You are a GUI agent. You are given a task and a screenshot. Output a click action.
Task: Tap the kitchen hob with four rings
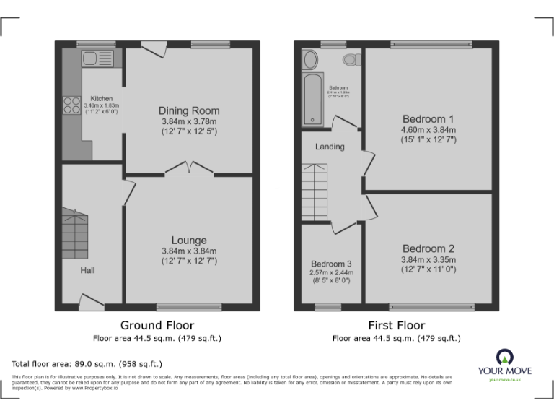coord(73,105)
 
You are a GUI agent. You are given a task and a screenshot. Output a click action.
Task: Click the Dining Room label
coord(189,110)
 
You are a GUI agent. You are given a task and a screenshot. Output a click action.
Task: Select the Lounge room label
coord(189,240)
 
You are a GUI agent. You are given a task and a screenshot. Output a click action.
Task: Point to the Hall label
coord(88,270)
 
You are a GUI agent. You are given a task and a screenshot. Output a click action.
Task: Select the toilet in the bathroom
coord(353,58)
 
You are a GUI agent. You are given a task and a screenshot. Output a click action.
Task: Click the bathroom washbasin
coord(309,58)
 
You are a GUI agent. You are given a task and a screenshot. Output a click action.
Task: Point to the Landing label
coord(330,147)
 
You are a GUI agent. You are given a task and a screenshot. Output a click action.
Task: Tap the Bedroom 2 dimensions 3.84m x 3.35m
coord(428,260)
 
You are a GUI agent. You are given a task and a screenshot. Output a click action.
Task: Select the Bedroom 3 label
coord(331,264)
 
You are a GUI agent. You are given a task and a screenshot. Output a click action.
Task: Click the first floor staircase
coord(315,185)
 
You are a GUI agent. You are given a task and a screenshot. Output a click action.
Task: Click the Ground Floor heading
coord(157,325)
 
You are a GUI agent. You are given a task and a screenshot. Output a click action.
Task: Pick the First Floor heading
coord(396,325)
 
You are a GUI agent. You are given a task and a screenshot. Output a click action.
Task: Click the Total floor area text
coord(87,364)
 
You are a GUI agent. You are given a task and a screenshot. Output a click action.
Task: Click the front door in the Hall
coord(92,301)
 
